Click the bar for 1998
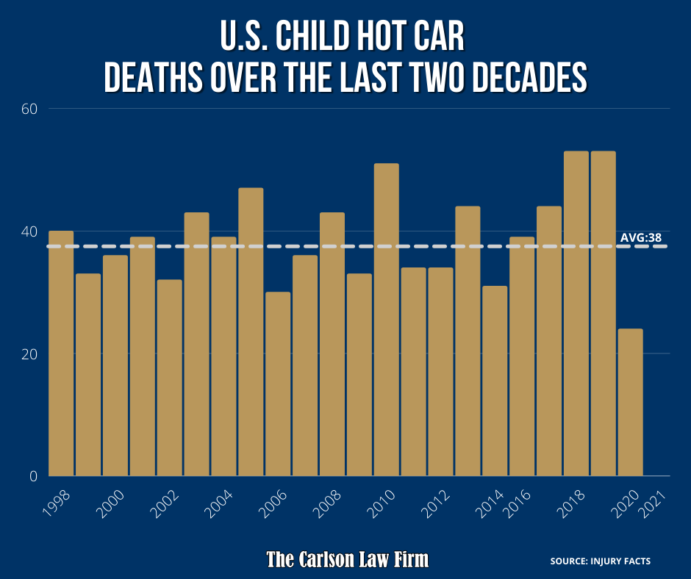[x=61, y=353]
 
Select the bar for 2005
[x=251, y=331]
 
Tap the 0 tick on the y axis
[x=33, y=476]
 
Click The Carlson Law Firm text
[x=347, y=560]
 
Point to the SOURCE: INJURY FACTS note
[x=600, y=561]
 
